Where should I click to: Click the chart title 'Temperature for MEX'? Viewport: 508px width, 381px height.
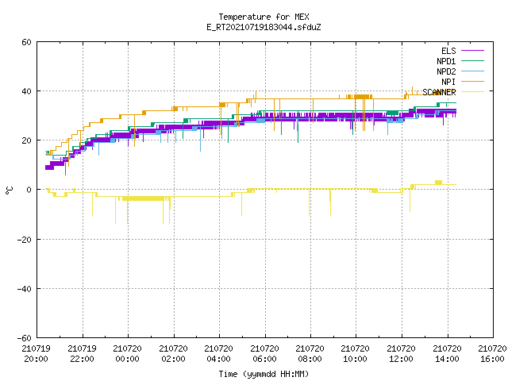click(264, 17)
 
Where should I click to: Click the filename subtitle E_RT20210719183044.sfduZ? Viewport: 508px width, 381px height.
click(264, 27)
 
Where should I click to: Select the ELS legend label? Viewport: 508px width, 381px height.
click(448, 51)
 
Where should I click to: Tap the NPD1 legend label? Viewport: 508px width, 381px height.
click(446, 61)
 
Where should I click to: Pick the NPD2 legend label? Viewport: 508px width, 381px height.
click(446, 71)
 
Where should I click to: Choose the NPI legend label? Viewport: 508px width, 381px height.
click(448, 82)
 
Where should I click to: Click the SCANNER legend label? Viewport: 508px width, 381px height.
click(439, 92)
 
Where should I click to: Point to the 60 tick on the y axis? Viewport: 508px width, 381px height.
click(26, 42)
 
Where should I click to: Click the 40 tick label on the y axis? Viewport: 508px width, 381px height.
click(26, 91)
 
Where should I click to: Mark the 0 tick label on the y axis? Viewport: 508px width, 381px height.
click(29, 190)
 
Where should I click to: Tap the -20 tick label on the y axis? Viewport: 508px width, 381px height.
click(25, 240)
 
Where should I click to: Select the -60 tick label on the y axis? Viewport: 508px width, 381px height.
click(25, 338)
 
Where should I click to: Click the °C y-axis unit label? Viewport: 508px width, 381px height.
click(9, 190)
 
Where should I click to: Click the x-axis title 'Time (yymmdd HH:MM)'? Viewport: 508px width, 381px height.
click(264, 374)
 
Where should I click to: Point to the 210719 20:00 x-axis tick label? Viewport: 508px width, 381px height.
click(37, 354)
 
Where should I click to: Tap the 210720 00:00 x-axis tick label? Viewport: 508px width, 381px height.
click(127, 354)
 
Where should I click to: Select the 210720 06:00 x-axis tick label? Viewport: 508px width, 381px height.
click(264, 354)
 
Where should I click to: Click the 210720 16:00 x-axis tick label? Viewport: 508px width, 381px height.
click(492, 354)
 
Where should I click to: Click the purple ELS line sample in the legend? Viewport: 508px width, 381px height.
click(473, 51)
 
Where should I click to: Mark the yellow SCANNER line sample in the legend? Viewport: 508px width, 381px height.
click(473, 92)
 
